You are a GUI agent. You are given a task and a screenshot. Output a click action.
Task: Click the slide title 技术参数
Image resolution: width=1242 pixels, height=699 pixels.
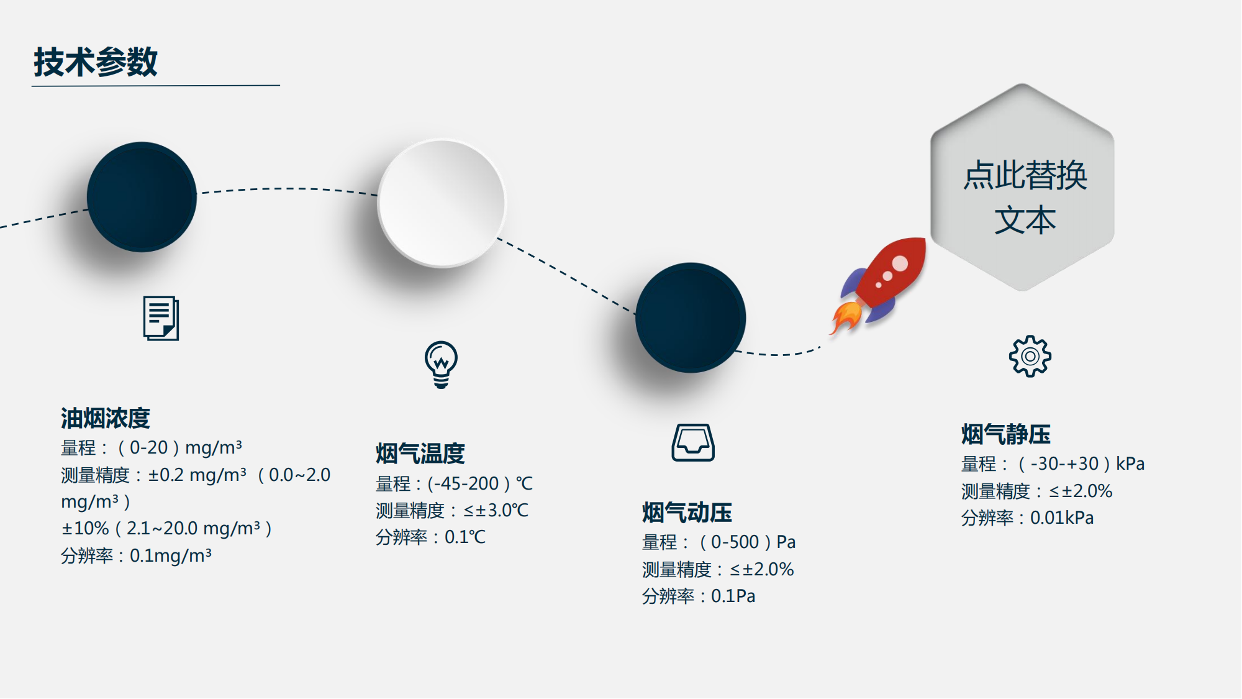pos(96,62)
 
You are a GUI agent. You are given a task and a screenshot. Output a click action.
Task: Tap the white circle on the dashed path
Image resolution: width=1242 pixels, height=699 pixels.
pos(442,203)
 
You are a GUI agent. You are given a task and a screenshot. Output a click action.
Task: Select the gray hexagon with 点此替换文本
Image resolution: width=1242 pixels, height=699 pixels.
pos(1022,187)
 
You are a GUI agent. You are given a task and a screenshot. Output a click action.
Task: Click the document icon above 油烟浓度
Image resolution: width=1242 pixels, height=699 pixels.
pos(161,318)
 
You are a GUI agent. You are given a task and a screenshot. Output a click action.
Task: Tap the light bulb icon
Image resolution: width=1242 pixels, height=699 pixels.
pos(441,365)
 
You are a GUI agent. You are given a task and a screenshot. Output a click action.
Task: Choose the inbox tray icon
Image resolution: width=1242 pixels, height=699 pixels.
pos(693,442)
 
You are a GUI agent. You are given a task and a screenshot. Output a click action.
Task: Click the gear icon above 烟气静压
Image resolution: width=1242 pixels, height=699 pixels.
pos(1030,356)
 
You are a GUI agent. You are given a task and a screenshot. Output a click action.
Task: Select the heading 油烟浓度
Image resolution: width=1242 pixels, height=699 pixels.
pos(106,418)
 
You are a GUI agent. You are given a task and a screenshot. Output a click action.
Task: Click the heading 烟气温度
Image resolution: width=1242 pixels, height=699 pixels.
pos(420,454)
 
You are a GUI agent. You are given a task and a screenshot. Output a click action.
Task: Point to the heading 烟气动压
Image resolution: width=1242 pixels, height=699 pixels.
pos(687,513)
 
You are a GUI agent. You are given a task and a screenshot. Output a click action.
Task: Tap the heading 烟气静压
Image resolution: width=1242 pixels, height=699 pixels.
pos(1006,434)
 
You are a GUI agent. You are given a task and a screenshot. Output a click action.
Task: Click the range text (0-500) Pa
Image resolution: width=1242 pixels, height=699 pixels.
pos(747,542)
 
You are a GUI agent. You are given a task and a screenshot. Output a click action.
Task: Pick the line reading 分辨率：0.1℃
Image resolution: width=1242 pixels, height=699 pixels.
pos(431,537)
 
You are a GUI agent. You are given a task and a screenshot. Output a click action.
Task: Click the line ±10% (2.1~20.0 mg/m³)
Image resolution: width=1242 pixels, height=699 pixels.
pos(166,528)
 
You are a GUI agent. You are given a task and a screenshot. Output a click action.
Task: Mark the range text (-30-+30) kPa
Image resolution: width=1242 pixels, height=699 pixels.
pos(1081,464)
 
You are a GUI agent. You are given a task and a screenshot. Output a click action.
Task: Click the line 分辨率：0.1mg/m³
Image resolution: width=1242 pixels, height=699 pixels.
pos(136,555)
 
